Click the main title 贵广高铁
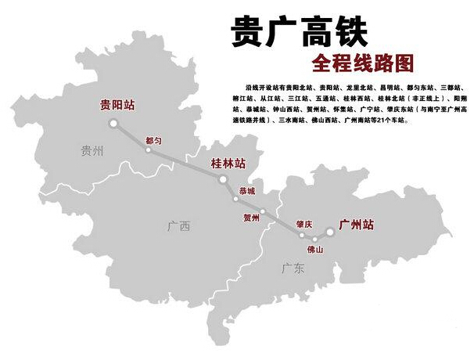[x=300, y=32]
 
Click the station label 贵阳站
[x=116, y=105]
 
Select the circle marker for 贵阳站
[x=113, y=123]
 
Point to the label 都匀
[x=153, y=140]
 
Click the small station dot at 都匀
[x=148, y=149]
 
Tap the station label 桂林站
[x=228, y=164]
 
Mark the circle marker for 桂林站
[x=223, y=179]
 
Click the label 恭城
[x=247, y=191]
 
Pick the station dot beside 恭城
[x=235, y=199]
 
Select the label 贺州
[x=251, y=218]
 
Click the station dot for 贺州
[x=263, y=211]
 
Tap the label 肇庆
[x=303, y=225]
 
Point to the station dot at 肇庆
[x=302, y=235]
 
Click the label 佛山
[x=314, y=249]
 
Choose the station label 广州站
[x=356, y=225]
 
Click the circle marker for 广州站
[x=329, y=232]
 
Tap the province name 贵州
[x=92, y=152]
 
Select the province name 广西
[x=178, y=227]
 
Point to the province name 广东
[x=293, y=269]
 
